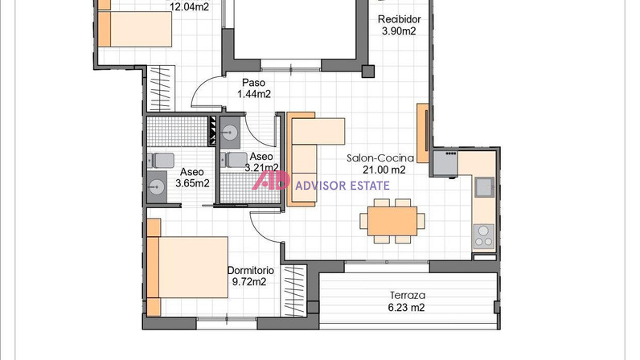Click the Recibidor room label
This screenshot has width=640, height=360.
(x=399, y=19)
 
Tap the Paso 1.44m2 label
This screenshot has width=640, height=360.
(x=254, y=88)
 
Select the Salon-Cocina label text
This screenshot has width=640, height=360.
(x=380, y=158)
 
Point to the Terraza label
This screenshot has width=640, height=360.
(x=408, y=295)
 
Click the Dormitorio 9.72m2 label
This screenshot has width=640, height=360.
(x=250, y=276)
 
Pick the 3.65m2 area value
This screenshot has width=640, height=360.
(x=192, y=183)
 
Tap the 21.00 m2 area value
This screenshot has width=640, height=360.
(x=384, y=170)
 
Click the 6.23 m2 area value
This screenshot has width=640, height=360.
(x=406, y=307)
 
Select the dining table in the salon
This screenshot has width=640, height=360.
(x=392, y=221)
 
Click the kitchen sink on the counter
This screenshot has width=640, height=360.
(x=485, y=187)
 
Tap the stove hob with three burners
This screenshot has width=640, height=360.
(x=484, y=237)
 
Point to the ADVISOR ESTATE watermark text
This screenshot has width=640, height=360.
(x=342, y=186)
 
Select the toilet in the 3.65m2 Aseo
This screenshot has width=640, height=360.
(x=161, y=161)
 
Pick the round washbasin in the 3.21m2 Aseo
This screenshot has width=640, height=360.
(x=230, y=132)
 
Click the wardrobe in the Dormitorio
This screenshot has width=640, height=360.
(x=293, y=291)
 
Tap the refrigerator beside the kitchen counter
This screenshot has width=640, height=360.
(x=445, y=164)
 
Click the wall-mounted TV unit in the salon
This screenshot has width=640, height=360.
(x=423, y=133)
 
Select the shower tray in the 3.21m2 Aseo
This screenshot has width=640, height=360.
(x=249, y=188)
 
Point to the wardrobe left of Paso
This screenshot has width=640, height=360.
(x=161, y=88)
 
